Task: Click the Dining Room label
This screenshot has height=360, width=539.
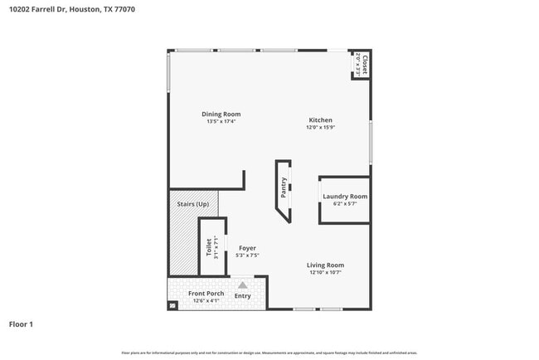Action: click(221, 114)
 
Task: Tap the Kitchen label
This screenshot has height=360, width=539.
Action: click(321, 119)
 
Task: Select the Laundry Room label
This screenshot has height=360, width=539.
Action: click(344, 196)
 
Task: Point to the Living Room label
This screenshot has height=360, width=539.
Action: click(326, 265)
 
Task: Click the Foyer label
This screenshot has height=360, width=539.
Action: click(247, 247)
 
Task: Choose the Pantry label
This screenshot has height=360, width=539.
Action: click(284, 188)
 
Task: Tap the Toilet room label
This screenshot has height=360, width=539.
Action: click(208, 246)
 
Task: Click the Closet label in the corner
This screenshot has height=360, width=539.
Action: click(363, 66)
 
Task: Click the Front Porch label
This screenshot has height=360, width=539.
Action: click(205, 294)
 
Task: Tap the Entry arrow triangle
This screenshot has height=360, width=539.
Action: click(243, 284)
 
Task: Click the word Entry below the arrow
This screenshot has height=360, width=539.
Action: click(243, 295)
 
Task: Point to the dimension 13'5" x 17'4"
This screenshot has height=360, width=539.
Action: click(221, 122)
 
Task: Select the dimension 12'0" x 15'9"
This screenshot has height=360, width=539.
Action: click(321, 127)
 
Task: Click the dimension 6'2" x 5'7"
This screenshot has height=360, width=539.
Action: click(344, 204)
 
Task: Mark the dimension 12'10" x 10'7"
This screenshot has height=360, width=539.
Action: click(326, 272)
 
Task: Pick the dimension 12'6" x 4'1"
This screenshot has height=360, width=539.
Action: click(205, 301)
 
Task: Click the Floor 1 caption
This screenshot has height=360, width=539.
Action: click(21, 324)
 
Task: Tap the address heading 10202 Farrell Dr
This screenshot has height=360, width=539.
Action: click(37, 9)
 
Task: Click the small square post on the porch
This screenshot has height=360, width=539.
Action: click(172, 305)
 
